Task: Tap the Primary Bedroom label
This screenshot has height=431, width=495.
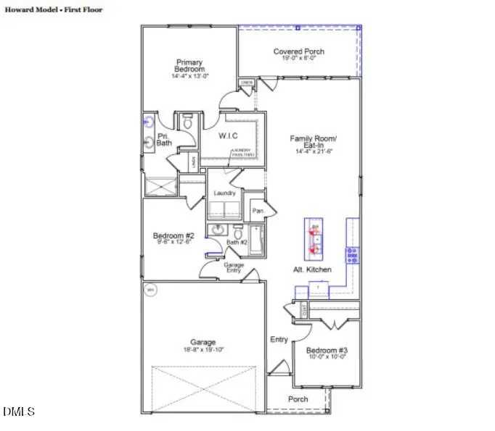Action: point(188,65)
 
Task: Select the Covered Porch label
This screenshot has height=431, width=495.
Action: point(298,51)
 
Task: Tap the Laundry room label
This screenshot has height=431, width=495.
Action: point(225,193)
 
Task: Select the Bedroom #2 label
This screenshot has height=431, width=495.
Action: point(173,235)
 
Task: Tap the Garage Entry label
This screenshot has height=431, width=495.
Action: point(233,268)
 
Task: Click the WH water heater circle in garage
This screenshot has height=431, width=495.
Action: point(151,290)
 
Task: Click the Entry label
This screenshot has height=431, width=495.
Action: point(279,339)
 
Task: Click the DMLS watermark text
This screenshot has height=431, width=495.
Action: point(19,411)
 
